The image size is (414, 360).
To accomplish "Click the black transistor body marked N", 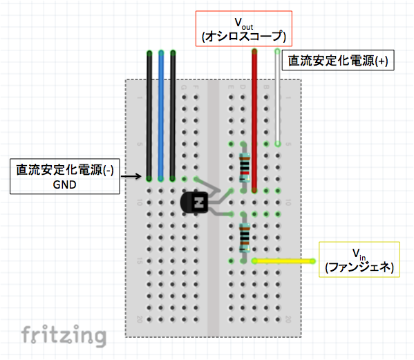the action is [x=194, y=202].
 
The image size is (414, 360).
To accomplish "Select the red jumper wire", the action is [x=254, y=121].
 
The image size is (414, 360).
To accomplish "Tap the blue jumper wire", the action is [x=161, y=116].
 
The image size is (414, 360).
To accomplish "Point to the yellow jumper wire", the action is [x=283, y=261].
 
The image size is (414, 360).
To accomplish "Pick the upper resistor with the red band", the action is [x=244, y=167].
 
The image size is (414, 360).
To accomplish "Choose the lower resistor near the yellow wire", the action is [x=244, y=238].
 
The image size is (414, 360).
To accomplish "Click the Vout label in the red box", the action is [x=244, y=23].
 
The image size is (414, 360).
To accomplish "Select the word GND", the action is [x=65, y=184].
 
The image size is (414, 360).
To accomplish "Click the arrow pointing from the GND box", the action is [x=131, y=176].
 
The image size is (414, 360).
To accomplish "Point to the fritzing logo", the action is [x=64, y=336].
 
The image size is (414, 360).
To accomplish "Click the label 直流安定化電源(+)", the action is [x=338, y=60].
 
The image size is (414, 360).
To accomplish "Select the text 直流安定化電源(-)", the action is [x=65, y=170].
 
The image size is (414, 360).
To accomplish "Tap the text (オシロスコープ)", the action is [x=244, y=36].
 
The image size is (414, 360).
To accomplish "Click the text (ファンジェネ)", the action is [x=359, y=267].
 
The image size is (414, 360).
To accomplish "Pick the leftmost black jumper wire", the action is [x=149, y=116].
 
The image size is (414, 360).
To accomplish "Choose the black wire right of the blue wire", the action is [x=173, y=116].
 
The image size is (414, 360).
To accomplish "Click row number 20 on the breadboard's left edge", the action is [x=140, y=319].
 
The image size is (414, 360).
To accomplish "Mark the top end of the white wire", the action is [x=277, y=51].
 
